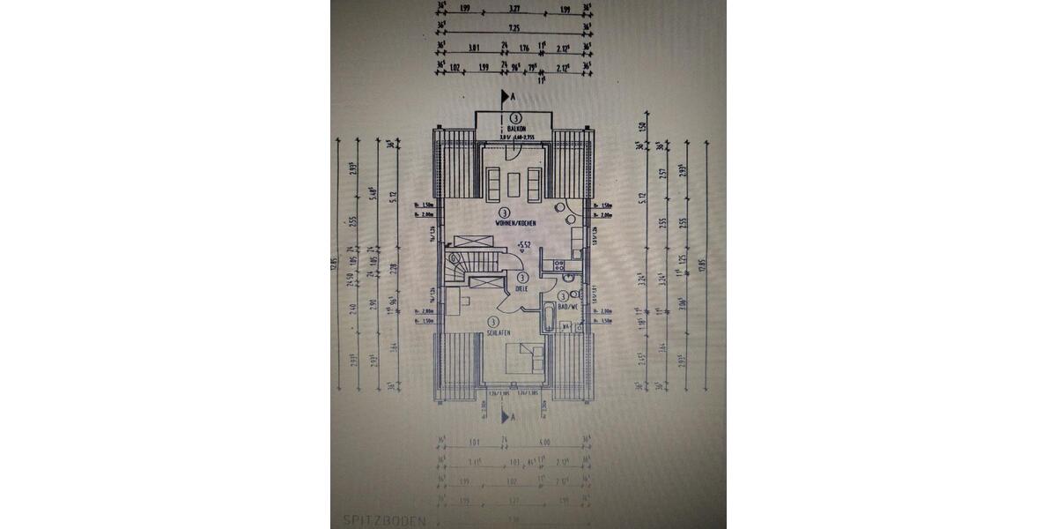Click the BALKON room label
(x=515, y=129)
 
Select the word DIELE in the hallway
(x=522, y=287)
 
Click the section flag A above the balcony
(x=506, y=96)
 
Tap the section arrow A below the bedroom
(x=506, y=415)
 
